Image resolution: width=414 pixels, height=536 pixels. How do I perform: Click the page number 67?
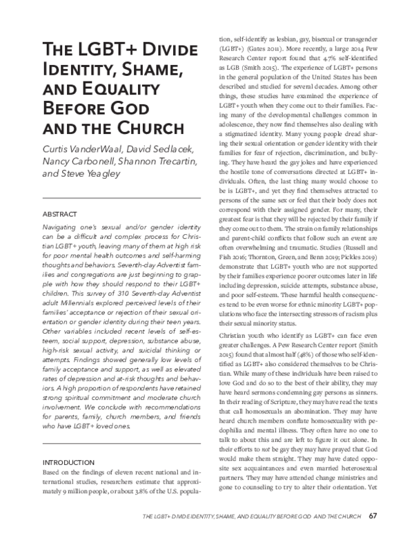(373, 516)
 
